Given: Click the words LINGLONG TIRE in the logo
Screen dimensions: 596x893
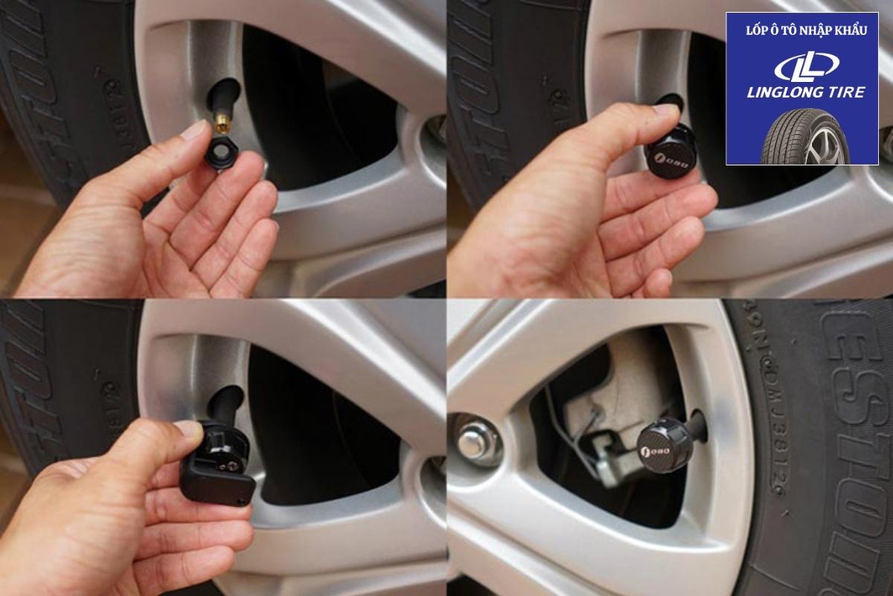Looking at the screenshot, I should tap(806, 92).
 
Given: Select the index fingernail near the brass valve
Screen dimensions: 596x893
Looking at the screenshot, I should tap(194, 130).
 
